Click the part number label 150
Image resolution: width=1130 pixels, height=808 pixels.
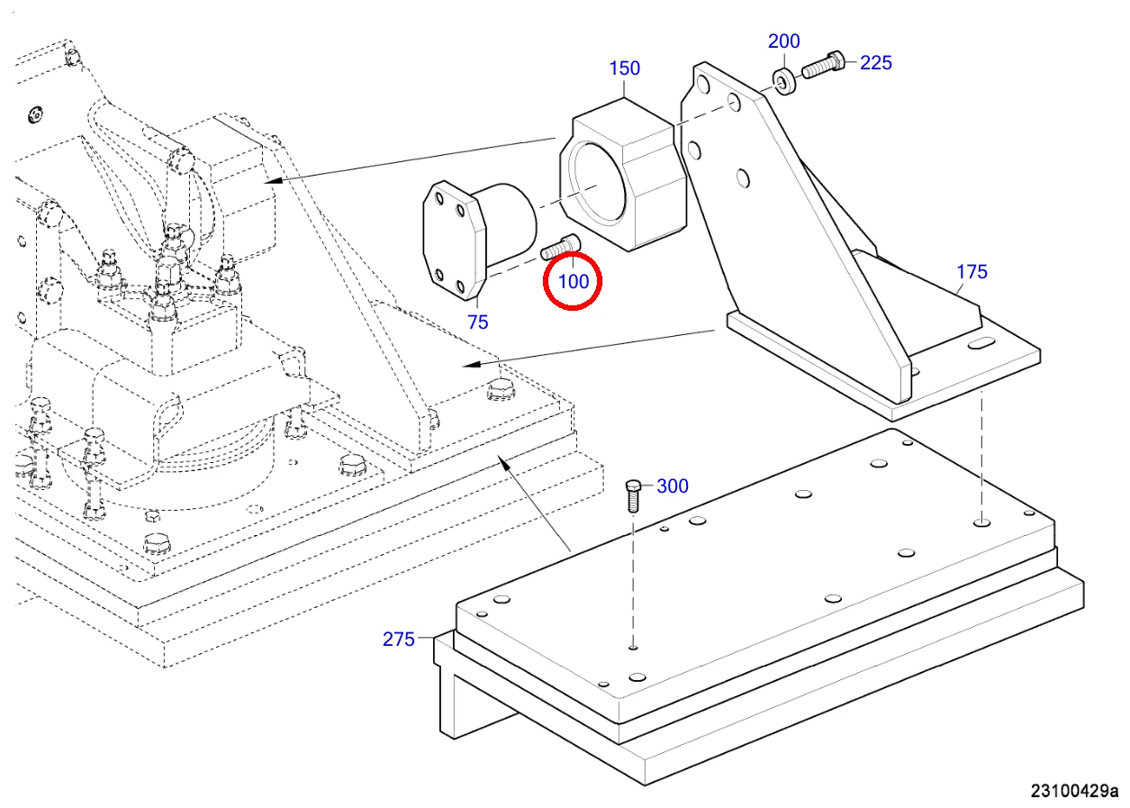click(625, 68)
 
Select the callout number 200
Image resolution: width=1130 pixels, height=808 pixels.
click(784, 41)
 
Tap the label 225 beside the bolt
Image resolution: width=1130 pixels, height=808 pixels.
click(876, 62)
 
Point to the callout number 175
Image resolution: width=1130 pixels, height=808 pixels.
click(972, 271)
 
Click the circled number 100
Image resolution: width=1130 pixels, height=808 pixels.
click(574, 282)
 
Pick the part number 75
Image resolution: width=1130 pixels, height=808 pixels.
click(478, 322)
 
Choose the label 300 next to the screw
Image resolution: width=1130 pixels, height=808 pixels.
click(673, 486)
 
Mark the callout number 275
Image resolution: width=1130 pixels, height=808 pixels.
click(399, 639)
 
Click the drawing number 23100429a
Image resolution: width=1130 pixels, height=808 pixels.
click(1074, 790)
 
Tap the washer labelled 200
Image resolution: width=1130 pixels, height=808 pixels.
click(784, 81)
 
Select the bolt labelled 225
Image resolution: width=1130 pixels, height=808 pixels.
click(823, 64)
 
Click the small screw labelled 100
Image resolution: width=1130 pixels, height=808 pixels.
click(560, 247)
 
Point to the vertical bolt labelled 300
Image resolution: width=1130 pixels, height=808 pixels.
click(633, 495)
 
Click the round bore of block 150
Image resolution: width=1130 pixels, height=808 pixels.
click(597, 182)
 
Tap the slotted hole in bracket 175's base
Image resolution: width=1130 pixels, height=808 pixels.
click(981, 345)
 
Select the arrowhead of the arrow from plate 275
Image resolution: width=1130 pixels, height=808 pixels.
click(503, 462)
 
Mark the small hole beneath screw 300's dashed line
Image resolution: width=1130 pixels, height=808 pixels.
click(633, 647)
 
